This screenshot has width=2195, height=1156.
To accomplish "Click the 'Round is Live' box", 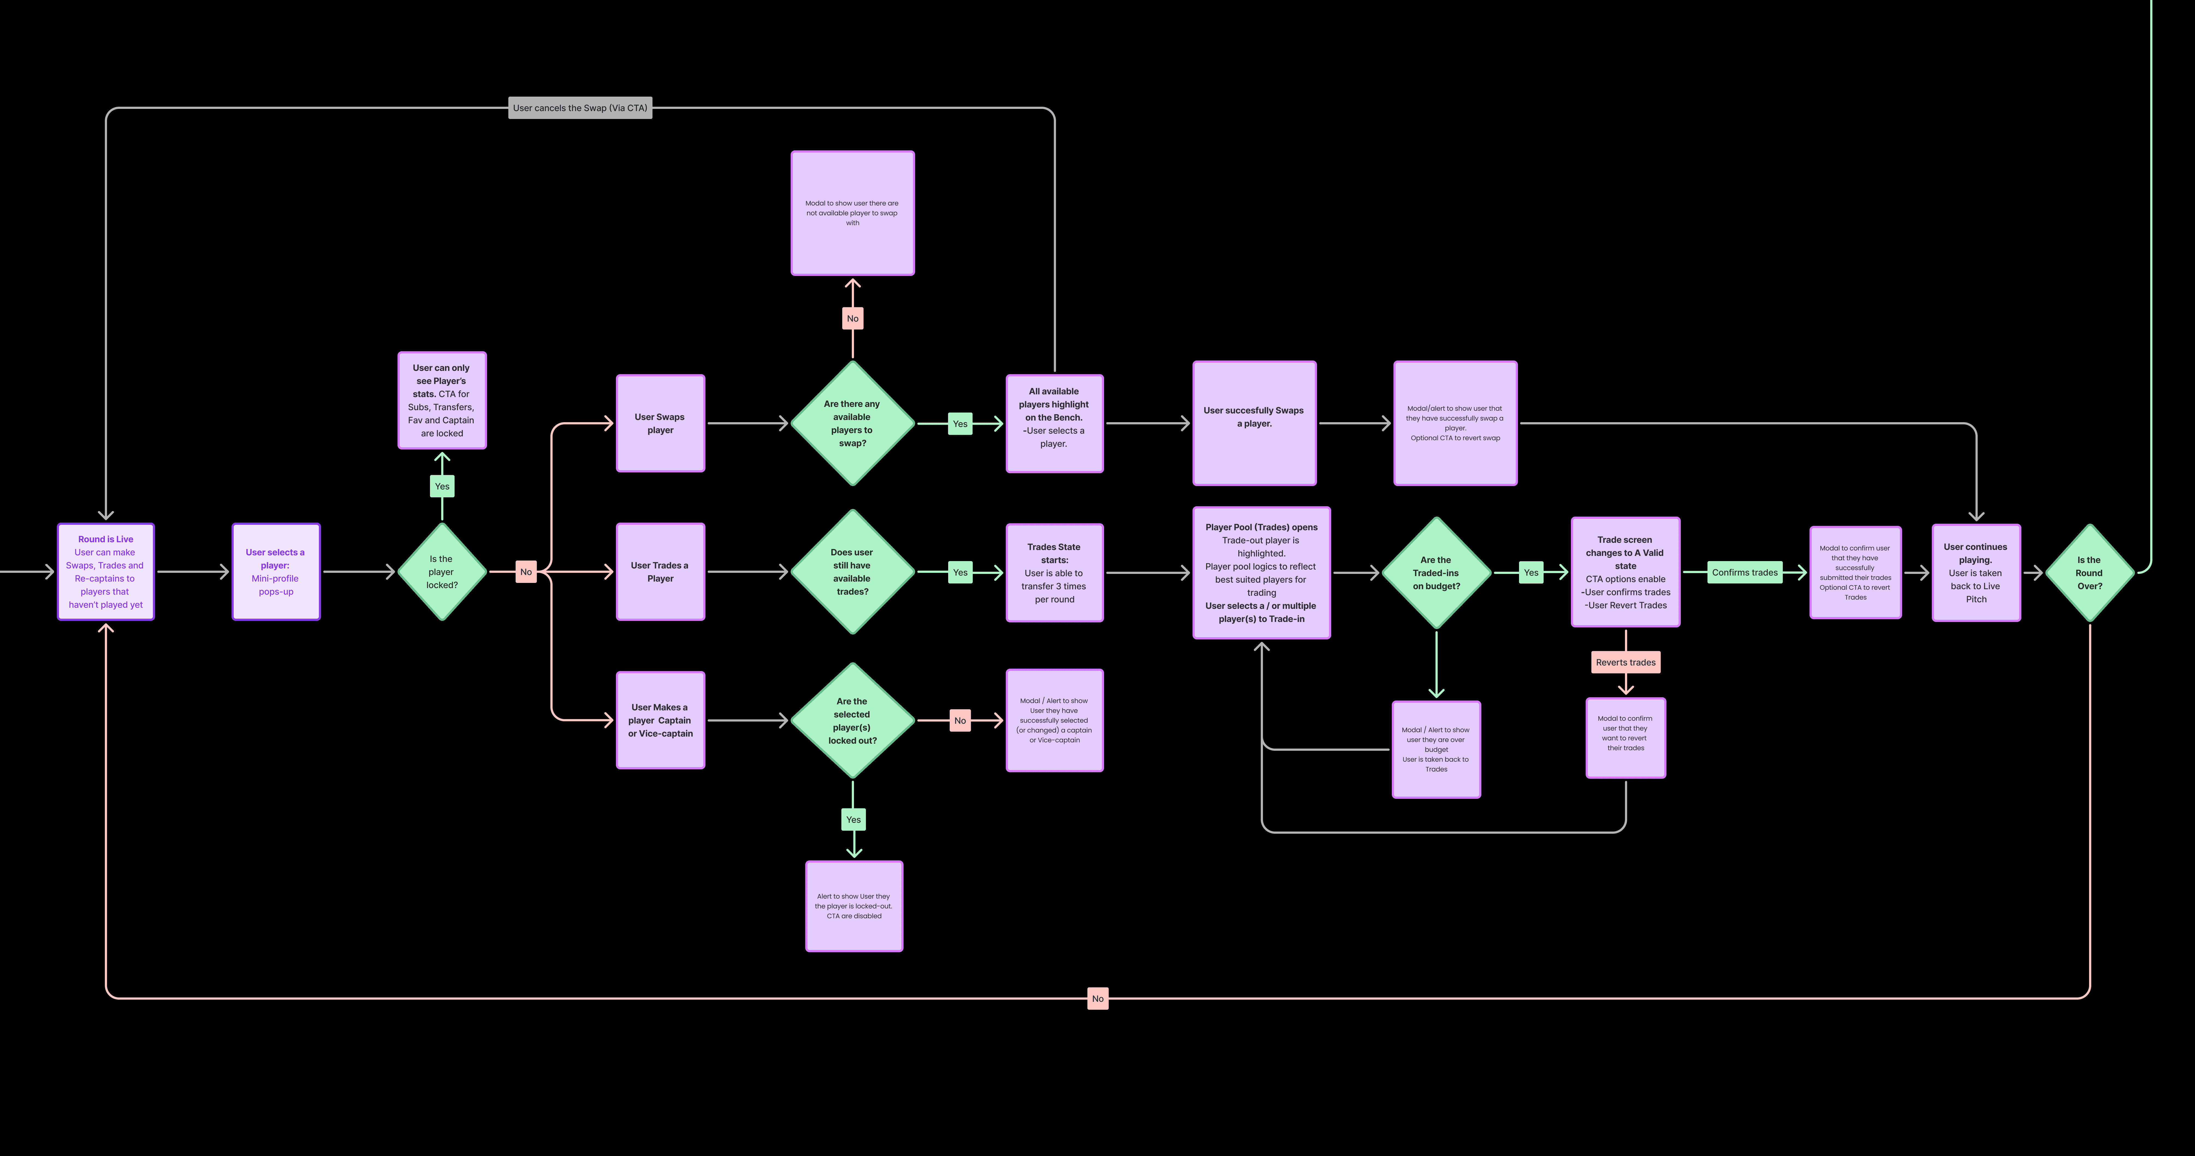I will pos(106,572).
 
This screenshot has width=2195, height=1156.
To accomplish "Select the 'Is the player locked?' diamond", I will pos(441,572).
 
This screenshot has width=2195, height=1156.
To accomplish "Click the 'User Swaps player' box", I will pos(660,423).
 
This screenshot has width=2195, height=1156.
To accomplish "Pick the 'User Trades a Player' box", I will pos(660,572).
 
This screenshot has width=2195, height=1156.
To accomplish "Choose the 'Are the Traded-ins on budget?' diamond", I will pos(1436,573).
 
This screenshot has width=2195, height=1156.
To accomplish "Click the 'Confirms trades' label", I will pos(1744,573).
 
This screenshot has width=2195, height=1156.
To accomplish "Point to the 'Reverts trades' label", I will pos(1625,662).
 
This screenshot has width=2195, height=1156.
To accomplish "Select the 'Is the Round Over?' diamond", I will pos(2089,573).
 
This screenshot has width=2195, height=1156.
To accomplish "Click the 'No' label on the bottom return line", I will pos(1097,999).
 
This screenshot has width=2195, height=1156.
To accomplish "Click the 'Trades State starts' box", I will pos(1054,573).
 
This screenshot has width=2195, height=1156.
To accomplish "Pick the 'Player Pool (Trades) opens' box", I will pos(1261,573).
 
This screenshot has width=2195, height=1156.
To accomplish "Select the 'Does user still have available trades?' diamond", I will pos(852,572).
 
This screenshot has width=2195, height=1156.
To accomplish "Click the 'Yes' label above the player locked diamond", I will pos(441,486).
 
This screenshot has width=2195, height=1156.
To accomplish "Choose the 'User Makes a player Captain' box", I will pos(660,720).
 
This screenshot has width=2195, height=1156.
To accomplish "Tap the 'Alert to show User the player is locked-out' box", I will pos(854,905).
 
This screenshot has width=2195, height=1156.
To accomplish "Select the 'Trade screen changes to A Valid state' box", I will pos(1625,573).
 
